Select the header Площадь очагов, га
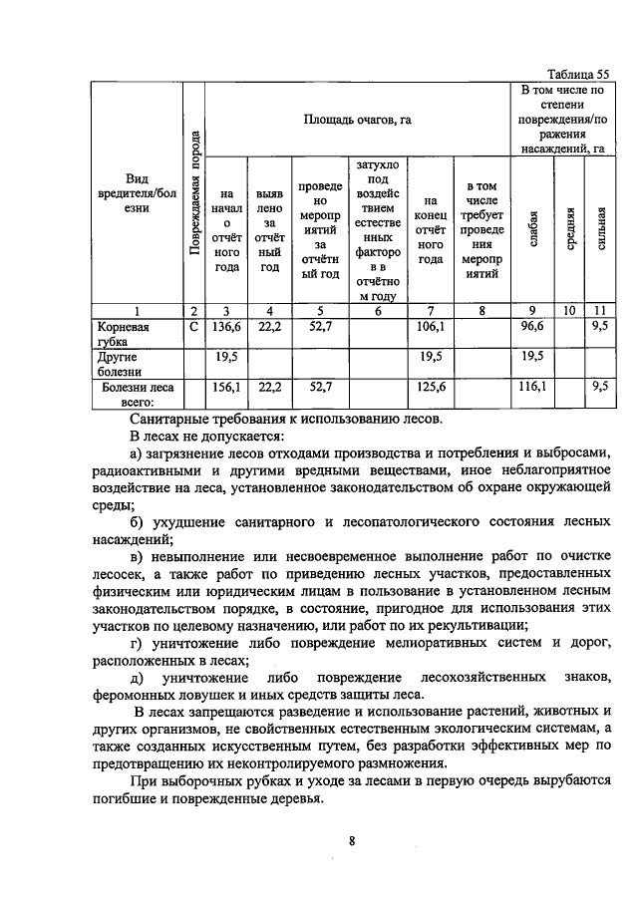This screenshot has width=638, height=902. pyautogui.click(x=357, y=120)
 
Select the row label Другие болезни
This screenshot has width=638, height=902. pyautogui.click(x=119, y=363)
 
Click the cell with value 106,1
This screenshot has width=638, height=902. pyautogui.click(x=430, y=326)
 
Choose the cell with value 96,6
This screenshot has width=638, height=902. pyautogui.click(x=533, y=326)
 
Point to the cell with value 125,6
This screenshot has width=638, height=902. pyautogui.click(x=430, y=386)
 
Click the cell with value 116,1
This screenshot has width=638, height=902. pyautogui.click(x=533, y=386)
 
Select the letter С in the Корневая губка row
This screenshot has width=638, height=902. pyautogui.click(x=194, y=326)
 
